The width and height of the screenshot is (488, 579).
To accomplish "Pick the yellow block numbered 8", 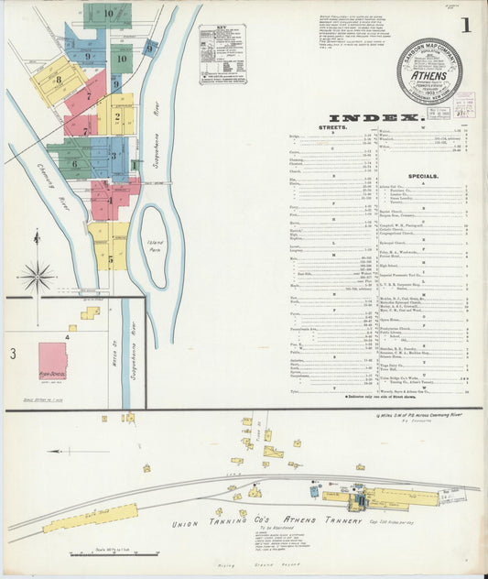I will [57, 81].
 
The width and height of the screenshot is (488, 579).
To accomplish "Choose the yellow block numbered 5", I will [110, 259].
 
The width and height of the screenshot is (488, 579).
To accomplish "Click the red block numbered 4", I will [110, 200].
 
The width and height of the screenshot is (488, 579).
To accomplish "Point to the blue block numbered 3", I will [114, 156].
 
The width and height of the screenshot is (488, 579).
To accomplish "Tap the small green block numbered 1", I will [134, 165].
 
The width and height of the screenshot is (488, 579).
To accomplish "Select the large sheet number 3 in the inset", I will [13, 353].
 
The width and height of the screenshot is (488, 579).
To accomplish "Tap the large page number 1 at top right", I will [467, 25].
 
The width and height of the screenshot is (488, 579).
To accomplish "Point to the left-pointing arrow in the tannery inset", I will [64, 452].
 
